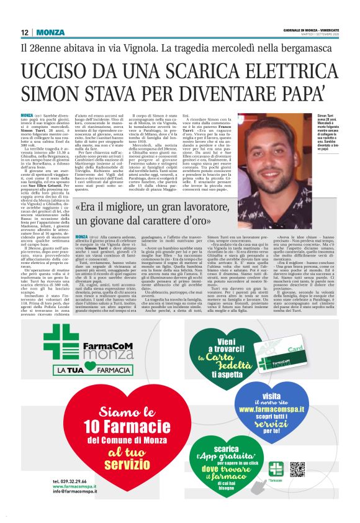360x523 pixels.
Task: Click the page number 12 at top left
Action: tap(24, 32)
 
